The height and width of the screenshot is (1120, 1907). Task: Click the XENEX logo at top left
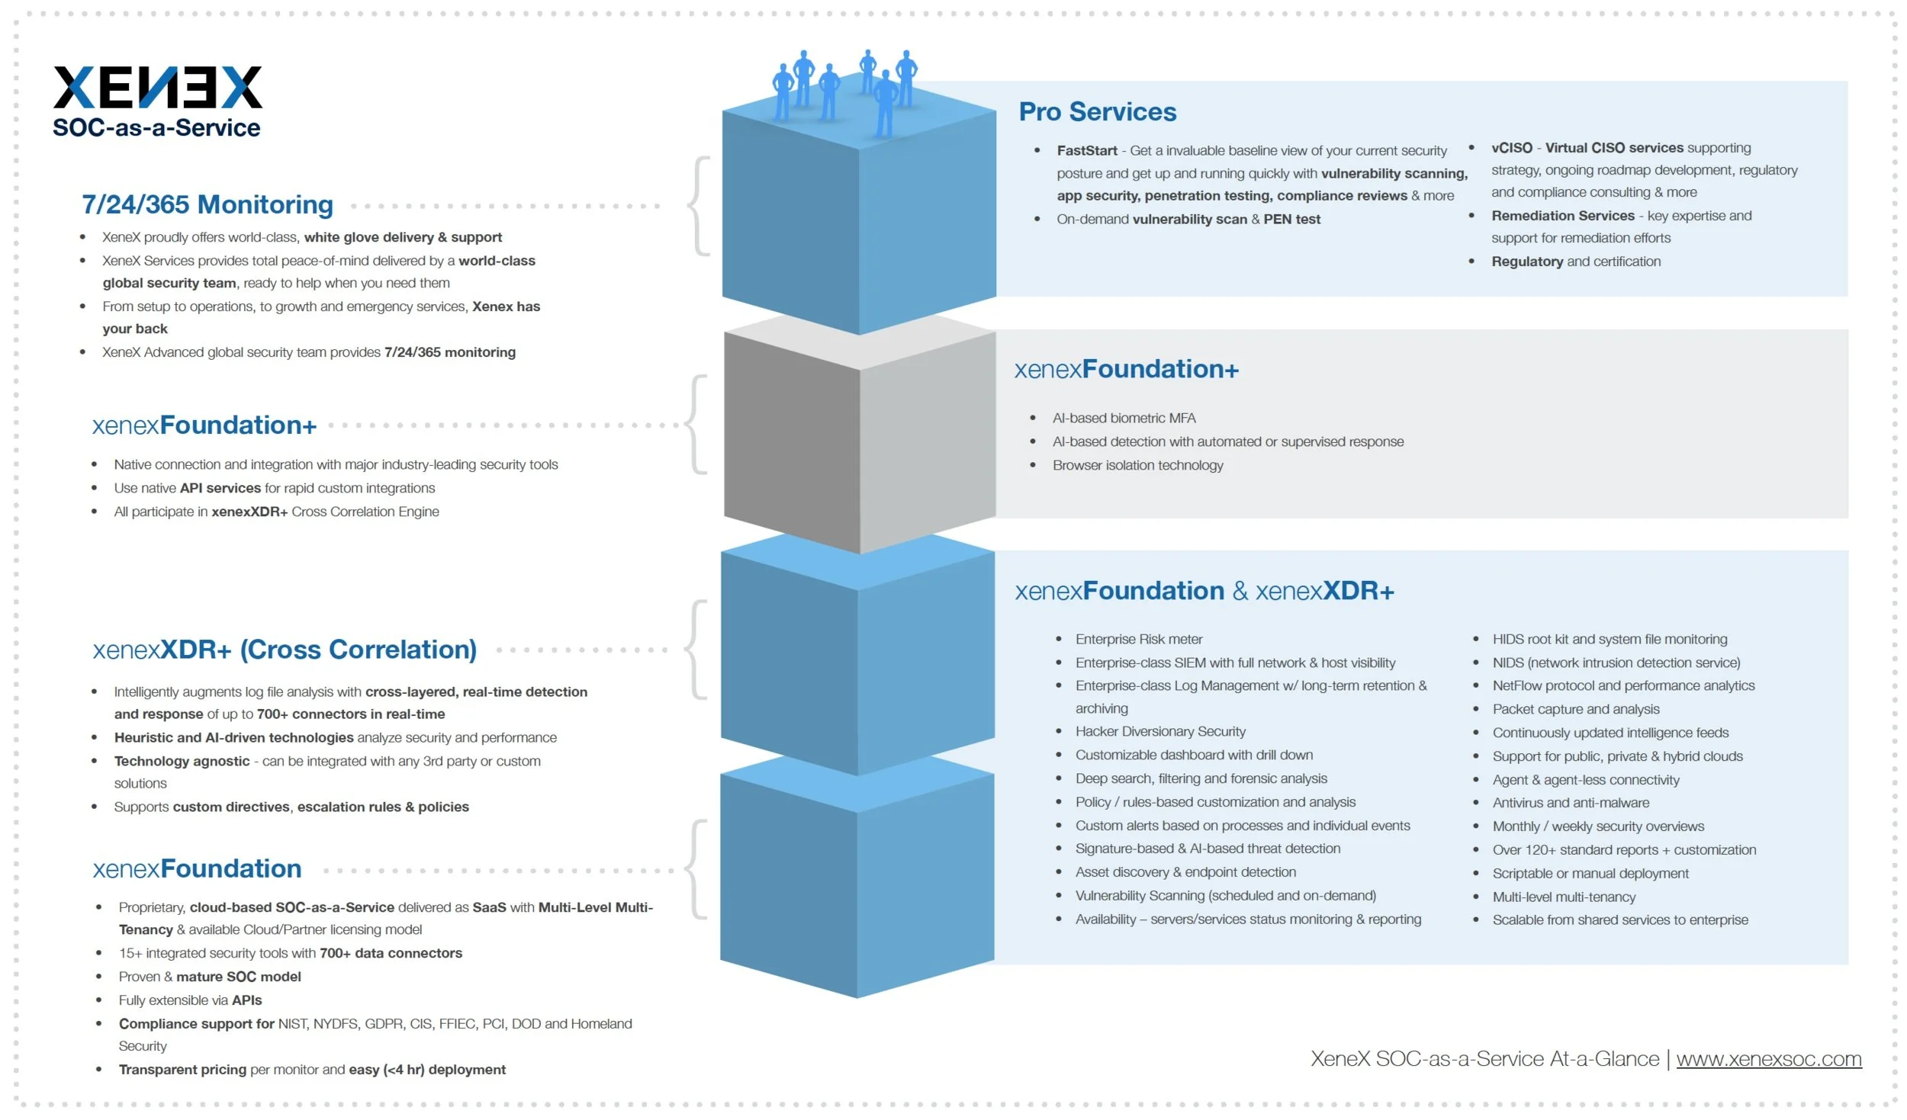[158, 87]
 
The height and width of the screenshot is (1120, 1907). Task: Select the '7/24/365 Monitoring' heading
[207, 204]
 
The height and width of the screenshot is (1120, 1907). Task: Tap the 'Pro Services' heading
[1098, 111]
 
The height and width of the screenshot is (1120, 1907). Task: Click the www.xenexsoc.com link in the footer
[1769, 1058]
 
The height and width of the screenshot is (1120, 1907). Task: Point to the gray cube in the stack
[860, 435]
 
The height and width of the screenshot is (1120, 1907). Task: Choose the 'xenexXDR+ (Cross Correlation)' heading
[285, 649]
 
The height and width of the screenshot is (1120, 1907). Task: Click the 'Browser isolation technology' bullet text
[1137, 465]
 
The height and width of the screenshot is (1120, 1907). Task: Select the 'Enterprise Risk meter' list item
[1139, 639]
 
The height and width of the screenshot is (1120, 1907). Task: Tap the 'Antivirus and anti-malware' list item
[1571, 803]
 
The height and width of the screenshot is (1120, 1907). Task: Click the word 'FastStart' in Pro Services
[1087, 151]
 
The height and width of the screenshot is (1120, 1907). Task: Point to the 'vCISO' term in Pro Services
[1512, 148]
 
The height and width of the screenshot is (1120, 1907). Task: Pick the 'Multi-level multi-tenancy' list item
[1564, 897]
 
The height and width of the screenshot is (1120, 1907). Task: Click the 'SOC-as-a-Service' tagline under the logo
[156, 127]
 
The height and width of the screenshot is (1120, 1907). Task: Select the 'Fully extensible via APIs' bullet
[190, 1000]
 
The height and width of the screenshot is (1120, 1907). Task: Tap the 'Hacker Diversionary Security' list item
[1160, 731]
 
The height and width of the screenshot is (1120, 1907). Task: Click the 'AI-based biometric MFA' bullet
[1124, 418]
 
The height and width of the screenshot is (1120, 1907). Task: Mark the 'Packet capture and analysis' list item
[1576, 709]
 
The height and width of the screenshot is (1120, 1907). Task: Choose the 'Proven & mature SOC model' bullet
[210, 976]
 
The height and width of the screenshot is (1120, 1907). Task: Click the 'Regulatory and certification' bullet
[1576, 262]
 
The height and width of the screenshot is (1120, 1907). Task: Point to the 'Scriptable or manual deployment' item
[1590, 873]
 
